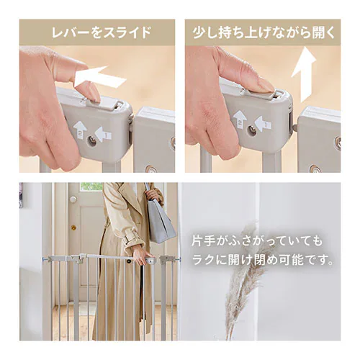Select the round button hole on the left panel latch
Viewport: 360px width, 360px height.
[x=92, y=140]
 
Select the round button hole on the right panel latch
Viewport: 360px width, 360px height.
[x=252, y=130]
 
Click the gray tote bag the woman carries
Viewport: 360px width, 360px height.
[x=160, y=220]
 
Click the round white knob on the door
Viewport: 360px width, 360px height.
[x=73, y=199]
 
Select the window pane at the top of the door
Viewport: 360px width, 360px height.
[x=91, y=186]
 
